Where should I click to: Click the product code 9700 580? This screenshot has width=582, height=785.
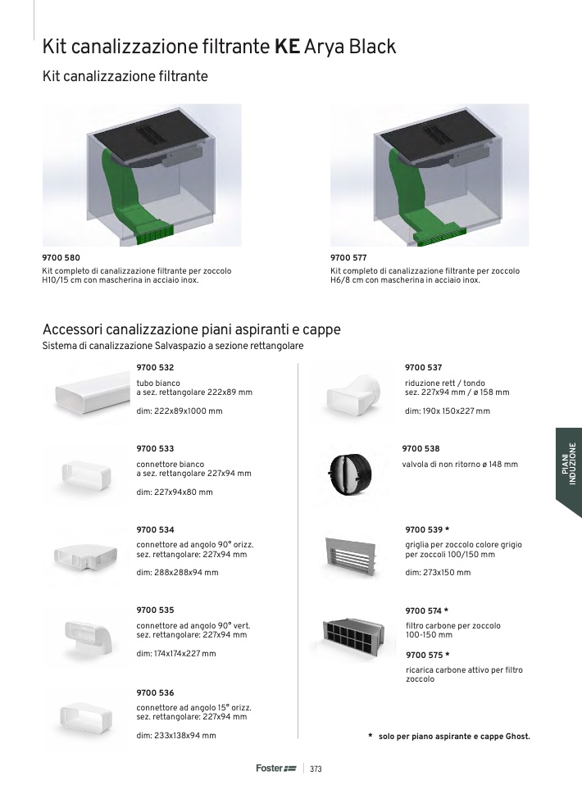pyautogui.click(x=61, y=258)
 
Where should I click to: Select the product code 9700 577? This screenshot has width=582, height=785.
pyautogui.click(x=348, y=258)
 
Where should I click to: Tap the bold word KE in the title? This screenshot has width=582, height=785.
pyautogui.click(x=287, y=47)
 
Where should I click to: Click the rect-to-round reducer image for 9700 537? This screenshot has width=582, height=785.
pyautogui.click(x=353, y=394)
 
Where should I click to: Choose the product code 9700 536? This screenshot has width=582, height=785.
pyautogui.click(x=155, y=693)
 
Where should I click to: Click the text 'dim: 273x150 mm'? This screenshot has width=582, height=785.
pyautogui.click(x=438, y=572)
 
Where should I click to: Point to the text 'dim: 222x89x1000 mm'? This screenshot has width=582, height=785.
pyautogui.click(x=180, y=411)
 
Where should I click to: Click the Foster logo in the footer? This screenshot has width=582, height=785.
pyautogui.click(x=276, y=768)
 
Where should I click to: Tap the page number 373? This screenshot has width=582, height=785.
pyautogui.click(x=316, y=769)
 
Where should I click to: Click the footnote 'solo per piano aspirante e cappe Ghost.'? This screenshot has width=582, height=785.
pyautogui.click(x=454, y=736)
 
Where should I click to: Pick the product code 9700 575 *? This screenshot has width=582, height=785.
pyautogui.click(x=427, y=655)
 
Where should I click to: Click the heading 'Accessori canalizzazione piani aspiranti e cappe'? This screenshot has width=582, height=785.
pyautogui.click(x=191, y=329)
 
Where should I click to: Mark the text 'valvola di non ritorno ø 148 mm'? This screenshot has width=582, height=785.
pyautogui.click(x=460, y=464)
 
